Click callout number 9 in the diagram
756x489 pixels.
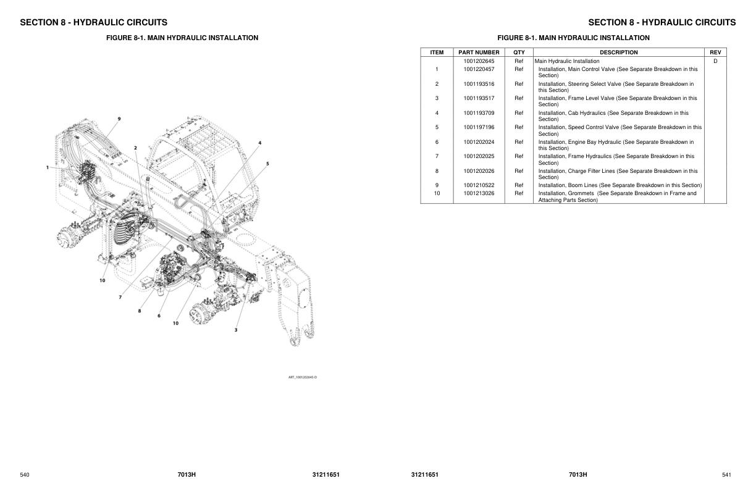click(x=119, y=118)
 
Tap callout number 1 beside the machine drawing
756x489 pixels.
click(x=47, y=167)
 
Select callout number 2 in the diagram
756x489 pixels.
click(x=135, y=148)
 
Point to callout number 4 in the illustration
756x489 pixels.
click(x=259, y=143)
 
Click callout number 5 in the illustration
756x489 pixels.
click(x=267, y=164)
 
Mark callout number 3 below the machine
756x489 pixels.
click(x=235, y=330)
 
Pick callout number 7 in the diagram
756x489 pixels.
click(x=120, y=297)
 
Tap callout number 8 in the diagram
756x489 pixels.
click(x=140, y=311)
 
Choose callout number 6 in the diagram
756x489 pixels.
click(x=159, y=316)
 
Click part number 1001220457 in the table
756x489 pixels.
click(x=479, y=69)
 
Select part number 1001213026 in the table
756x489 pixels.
click(x=479, y=193)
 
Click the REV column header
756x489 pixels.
click(x=715, y=52)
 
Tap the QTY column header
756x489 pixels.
click(x=519, y=52)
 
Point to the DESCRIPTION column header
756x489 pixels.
click(x=618, y=52)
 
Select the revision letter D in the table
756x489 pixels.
click(x=715, y=61)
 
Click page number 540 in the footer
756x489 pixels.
click(x=25, y=475)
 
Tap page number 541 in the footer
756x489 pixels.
click(x=726, y=475)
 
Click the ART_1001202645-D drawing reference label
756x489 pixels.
click(x=303, y=377)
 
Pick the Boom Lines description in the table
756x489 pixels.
click(x=619, y=185)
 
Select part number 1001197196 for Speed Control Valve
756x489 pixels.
click(x=479, y=127)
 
